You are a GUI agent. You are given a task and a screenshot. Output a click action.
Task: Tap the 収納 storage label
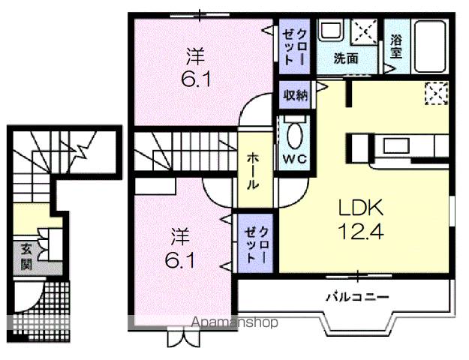(294, 94)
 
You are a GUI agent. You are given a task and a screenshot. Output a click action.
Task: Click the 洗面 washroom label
(345, 58)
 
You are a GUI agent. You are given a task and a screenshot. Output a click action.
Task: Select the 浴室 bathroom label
(395, 46)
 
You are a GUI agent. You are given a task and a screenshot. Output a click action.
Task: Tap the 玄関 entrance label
(26, 257)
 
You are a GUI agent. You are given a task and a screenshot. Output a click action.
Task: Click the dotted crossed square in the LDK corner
(435, 94)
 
